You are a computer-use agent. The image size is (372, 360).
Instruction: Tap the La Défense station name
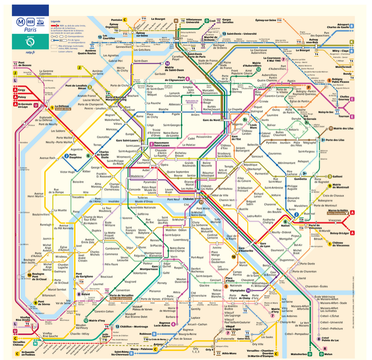(x=63, y=106)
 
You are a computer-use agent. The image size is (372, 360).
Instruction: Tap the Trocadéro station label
(x=78, y=196)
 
